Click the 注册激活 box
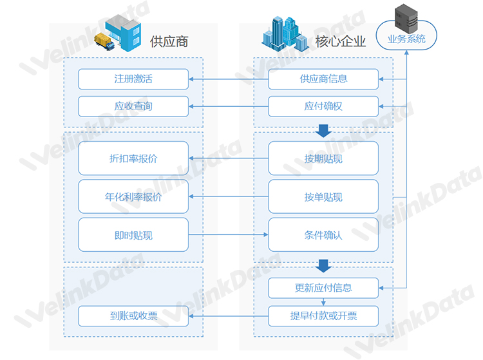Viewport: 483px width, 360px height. [133, 79]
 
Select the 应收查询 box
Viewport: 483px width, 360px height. [133, 106]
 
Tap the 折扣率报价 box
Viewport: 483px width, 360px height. [133, 158]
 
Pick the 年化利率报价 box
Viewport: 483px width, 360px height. [133, 196]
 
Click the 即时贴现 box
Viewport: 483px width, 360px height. [133, 234]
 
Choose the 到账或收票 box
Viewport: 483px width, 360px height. [133, 316]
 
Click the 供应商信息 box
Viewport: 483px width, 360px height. [323, 79]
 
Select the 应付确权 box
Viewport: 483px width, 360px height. [323, 106]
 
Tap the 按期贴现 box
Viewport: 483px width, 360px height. [323, 158]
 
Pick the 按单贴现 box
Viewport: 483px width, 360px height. [323, 196]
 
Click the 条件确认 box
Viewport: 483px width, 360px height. [323, 234]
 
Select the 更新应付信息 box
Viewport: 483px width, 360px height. [323, 288]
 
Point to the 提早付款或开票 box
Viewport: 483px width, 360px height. [323, 316]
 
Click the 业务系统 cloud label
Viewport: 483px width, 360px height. [406, 39]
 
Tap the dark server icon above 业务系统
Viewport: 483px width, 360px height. [406, 19]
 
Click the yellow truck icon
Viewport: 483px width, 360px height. [104, 42]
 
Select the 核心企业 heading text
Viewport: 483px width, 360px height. [341, 42]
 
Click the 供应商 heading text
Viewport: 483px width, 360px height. [169, 42]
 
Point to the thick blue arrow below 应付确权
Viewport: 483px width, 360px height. [323, 131]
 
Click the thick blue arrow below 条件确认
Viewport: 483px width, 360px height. [323, 266]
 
